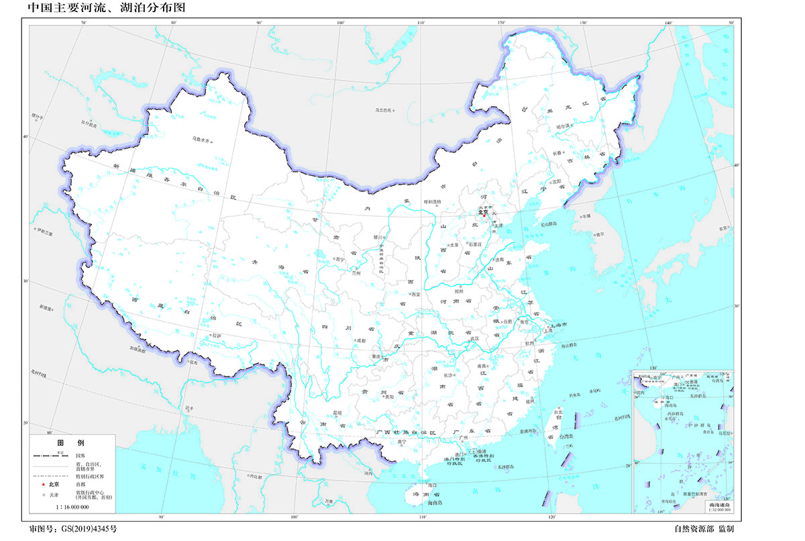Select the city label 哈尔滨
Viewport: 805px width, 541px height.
(x=562, y=126)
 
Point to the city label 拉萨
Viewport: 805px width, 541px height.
(x=215, y=336)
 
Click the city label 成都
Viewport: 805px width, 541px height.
(x=362, y=340)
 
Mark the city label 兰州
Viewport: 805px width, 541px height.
(x=356, y=273)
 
